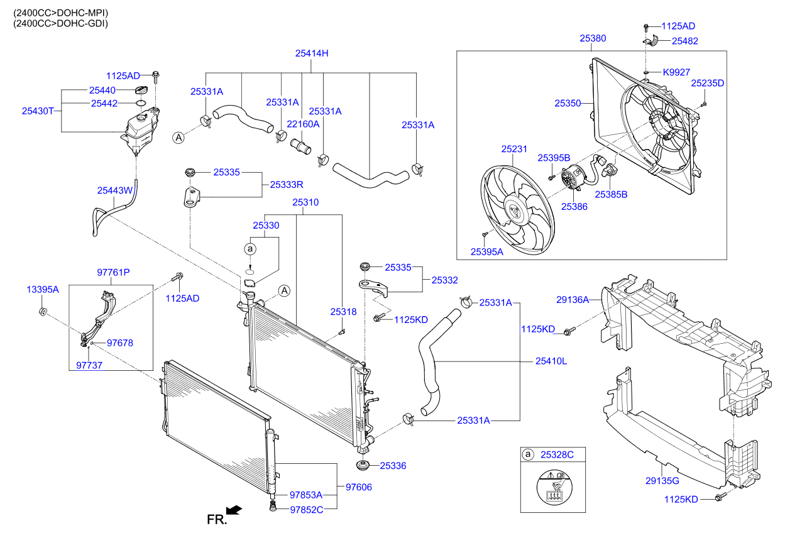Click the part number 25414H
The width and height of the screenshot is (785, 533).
(x=312, y=53)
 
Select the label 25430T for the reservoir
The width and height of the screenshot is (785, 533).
(x=37, y=111)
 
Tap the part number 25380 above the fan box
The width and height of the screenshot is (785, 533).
(x=593, y=38)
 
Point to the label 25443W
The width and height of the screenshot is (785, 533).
(x=114, y=190)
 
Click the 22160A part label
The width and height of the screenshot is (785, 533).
(x=303, y=124)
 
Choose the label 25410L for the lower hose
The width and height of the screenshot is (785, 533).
(x=551, y=361)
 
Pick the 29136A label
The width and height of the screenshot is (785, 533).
(x=572, y=299)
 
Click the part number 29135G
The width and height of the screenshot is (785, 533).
(x=662, y=481)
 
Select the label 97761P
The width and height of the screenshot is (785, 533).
(x=113, y=272)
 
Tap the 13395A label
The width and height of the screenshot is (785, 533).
(x=42, y=290)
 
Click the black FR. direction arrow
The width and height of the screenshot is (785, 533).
(x=234, y=510)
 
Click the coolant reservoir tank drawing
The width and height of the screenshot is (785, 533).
(x=142, y=129)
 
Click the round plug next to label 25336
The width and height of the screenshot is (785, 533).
(x=362, y=466)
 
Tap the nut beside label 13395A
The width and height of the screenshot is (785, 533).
(x=43, y=311)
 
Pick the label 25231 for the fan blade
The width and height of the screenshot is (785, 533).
(x=513, y=150)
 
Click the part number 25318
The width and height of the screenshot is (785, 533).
(x=343, y=312)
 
